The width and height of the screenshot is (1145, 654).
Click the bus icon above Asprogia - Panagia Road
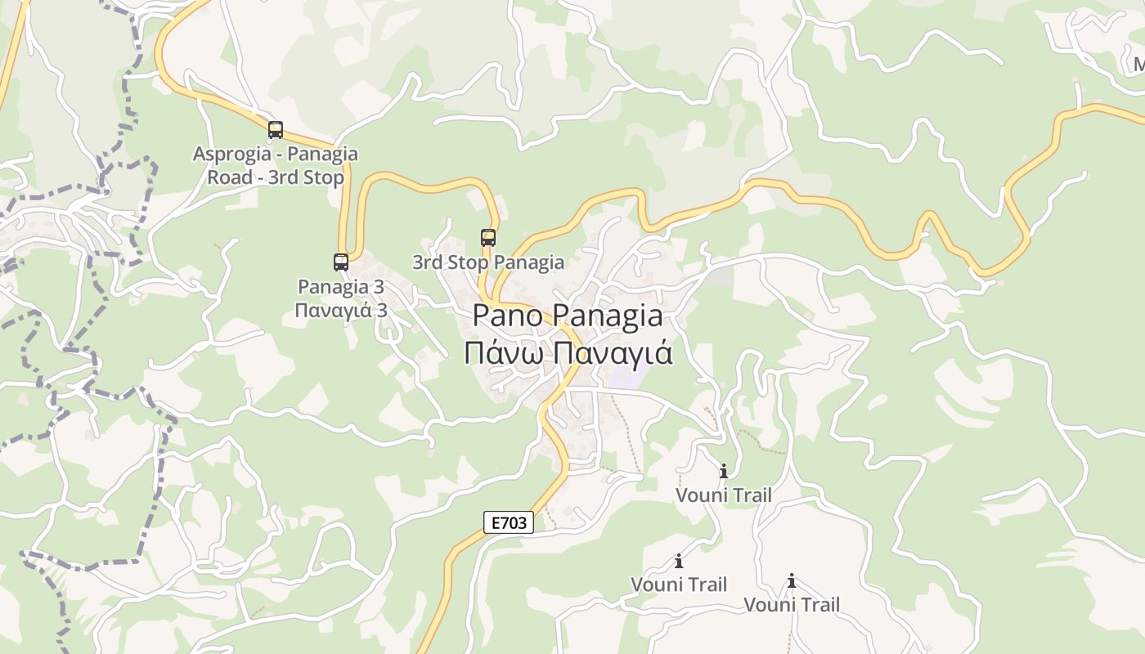pyautogui.click(x=276, y=129)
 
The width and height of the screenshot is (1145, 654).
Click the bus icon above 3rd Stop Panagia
pyautogui.click(x=488, y=238)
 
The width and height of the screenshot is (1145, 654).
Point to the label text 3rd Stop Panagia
pyautogui.click(x=487, y=262)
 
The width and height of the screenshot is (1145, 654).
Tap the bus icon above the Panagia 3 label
pyautogui.click(x=341, y=262)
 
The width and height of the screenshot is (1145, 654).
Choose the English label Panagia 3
pyautogui.click(x=340, y=287)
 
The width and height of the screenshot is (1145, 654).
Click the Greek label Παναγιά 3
pyautogui.click(x=340, y=311)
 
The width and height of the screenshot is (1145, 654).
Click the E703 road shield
pyautogui.click(x=509, y=523)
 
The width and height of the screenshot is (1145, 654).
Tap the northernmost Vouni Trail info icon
pyautogui.click(x=724, y=472)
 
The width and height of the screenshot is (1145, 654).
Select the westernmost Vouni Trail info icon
pyautogui.click(x=679, y=562)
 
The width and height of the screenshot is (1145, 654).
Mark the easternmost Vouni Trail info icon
pyautogui.click(x=792, y=581)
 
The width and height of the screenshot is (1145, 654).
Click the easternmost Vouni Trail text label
pyautogui.click(x=792, y=605)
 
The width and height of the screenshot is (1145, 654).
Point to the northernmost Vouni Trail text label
pyautogui.click(x=724, y=495)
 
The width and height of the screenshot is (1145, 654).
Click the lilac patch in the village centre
pyautogui.click(x=626, y=378)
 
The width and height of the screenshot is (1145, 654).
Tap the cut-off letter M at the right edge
pyautogui.click(x=1138, y=64)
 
